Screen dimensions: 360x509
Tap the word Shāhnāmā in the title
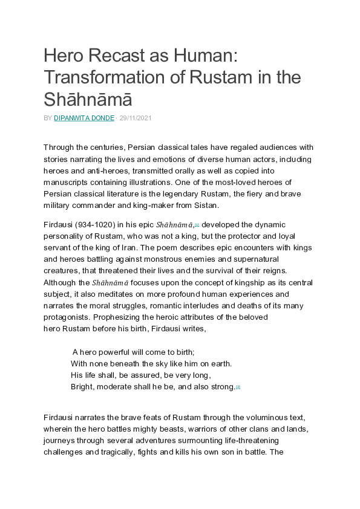click(x=88, y=99)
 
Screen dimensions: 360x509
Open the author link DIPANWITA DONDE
click(x=83, y=118)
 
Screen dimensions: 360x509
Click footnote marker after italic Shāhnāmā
click(x=197, y=224)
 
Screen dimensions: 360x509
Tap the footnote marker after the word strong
click(x=238, y=387)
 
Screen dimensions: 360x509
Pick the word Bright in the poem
click(x=82, y=387)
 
